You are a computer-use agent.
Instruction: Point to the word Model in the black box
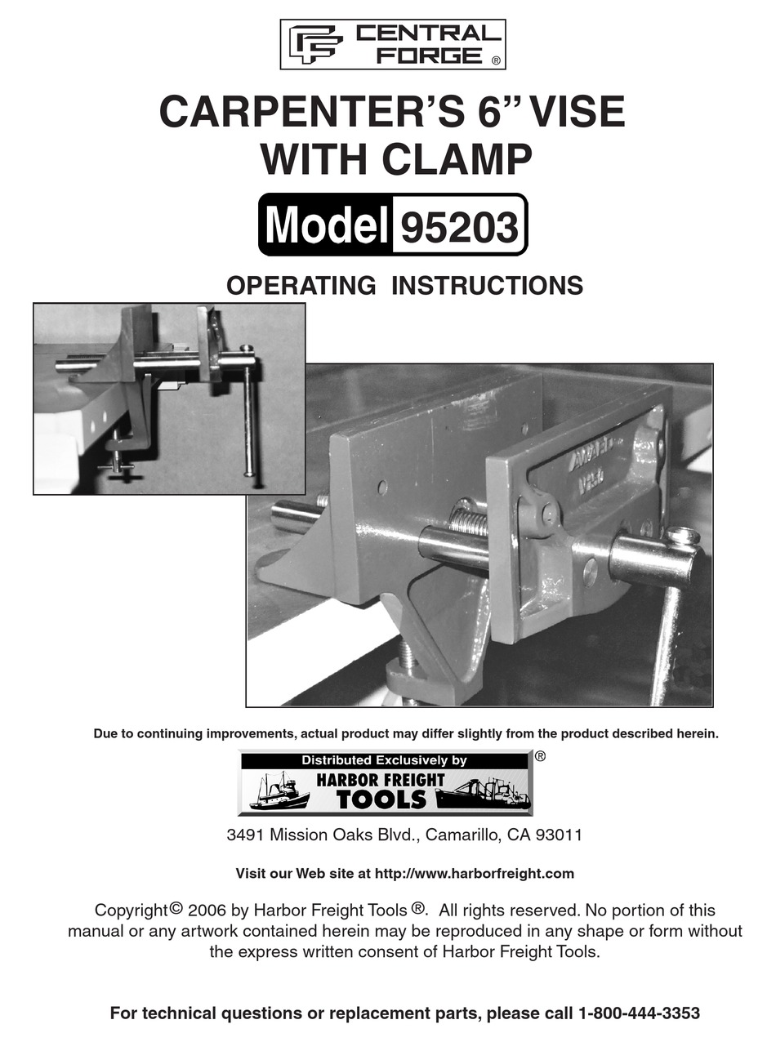pos(325,226)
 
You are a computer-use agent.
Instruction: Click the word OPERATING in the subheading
pos(301,286)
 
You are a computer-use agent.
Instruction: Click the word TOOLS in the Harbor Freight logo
pos(381,799)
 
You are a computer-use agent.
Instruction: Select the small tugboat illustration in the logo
pos(278,792)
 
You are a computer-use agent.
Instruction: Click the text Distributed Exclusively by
pos(384,760)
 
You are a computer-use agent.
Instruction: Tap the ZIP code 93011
pos(557,835)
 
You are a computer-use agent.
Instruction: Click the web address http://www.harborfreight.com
pos(474,874)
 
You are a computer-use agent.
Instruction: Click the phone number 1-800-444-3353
pos(639,1013)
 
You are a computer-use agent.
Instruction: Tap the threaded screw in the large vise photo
pos(469,520)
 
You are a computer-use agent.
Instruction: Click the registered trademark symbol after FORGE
pos(495,60)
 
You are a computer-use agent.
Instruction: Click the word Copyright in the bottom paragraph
pos(132,911)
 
